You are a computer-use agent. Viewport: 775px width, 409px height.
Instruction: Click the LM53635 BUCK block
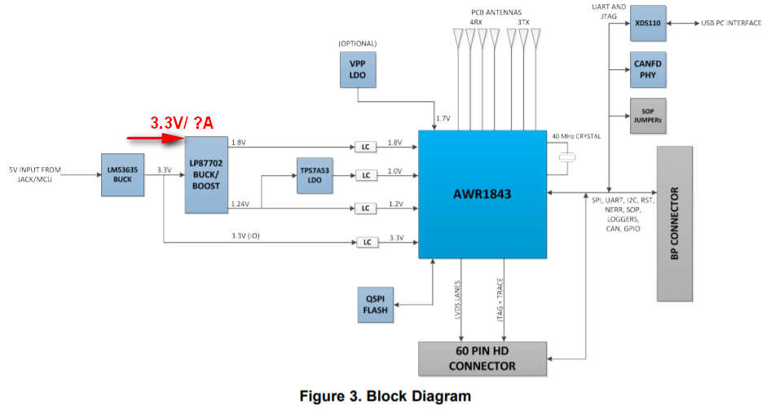[x=123, y=174]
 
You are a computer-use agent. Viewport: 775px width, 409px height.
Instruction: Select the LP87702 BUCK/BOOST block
[x=206, y=174]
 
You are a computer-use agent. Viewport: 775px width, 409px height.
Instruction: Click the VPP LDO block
[x=356, y=69]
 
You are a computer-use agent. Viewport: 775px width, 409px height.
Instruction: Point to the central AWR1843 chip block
[x=482, y=194]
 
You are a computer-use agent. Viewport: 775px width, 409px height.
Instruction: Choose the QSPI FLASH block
[x=376, y=303]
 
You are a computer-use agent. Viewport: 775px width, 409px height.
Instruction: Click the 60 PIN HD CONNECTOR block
[x=481, y=358]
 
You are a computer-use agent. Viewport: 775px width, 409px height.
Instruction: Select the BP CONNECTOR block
[x=675, y=223]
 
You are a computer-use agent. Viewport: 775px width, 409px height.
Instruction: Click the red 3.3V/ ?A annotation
[x=182, y=122]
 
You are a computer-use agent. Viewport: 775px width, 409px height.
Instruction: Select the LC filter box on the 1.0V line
[x=364, y=174]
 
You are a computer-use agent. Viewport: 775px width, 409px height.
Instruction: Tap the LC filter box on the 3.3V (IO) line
[x=364, y=242]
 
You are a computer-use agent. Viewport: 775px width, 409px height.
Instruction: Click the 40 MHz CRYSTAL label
[x=576, y=136]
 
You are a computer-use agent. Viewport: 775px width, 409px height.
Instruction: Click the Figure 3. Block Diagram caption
[x=385, y=397]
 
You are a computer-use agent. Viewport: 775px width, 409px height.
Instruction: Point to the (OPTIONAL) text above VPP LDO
[x=355, y=42]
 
